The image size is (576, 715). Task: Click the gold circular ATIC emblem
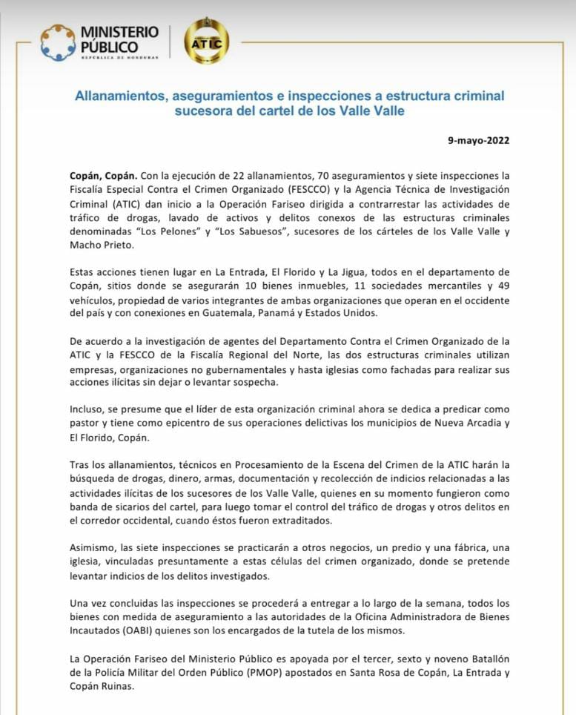[206, 41]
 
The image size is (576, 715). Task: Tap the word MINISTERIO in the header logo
[119, 32]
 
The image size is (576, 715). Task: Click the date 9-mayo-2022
[479, 139]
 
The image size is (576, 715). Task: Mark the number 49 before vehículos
[504, 286]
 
